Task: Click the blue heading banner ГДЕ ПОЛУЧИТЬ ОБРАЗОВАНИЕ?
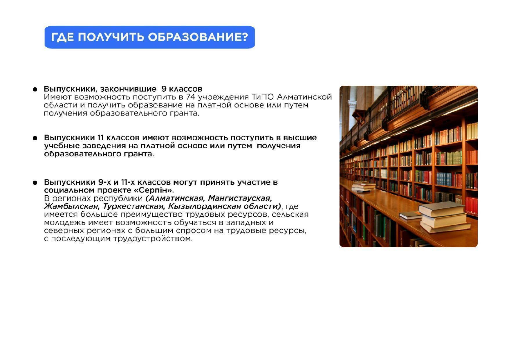click(x=149, y=37)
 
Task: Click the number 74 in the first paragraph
click(x=190, y=97)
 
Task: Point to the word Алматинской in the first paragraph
click(x=304, y=97)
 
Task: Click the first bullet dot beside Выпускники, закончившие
click(x=35, y=89)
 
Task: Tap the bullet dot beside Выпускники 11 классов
click(x=35, y=138)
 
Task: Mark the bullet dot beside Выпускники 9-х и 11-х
click(x=35, y=183)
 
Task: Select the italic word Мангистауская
click(x=240, y=199)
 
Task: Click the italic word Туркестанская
click(x=133, y=206)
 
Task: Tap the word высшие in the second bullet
click(x=300, y=138)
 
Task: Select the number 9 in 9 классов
click(x=164, y=89)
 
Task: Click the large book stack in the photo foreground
click(x=445, y=217)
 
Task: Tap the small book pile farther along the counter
click(x=364, y=187)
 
